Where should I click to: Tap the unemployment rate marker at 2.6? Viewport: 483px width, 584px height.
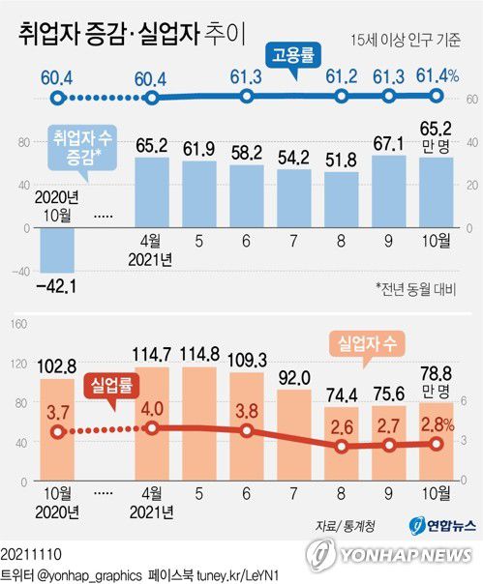pos(342,447)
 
